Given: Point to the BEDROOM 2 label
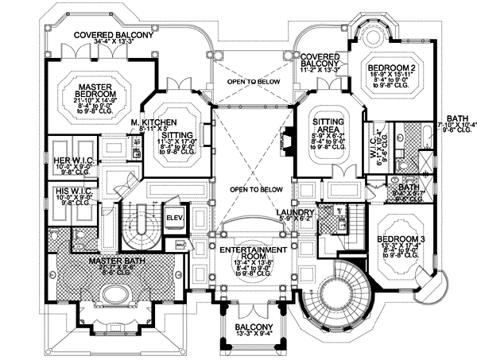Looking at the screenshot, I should click(x=391, y=70).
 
